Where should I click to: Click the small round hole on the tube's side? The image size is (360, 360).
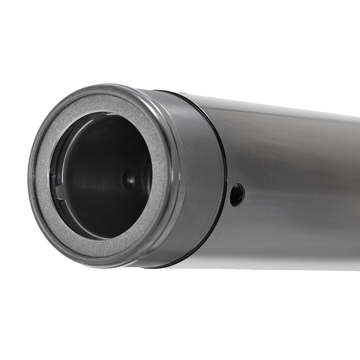click(x=237, y=194)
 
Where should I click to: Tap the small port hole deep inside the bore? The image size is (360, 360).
click(x=129, y=179)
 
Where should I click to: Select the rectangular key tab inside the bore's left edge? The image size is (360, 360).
click(x=60, y=192)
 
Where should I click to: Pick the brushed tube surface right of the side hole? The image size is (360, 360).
click(x=288, y=192)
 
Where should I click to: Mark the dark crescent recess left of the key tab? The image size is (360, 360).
click(x=53, y=173)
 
